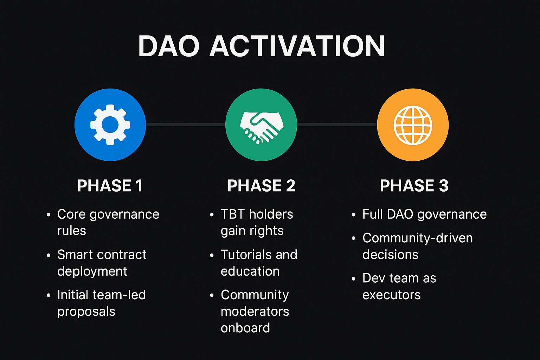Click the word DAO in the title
click(168, 46)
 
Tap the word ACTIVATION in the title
click(297, 46)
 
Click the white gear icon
click(110, 125)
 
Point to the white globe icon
click(413, 125)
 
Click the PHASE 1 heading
click(110, 186)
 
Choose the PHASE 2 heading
click(261, 186)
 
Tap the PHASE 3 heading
click(414, 186)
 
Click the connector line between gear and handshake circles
click(185, 124)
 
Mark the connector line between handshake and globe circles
click(337, 124)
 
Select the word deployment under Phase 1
click(92, 271)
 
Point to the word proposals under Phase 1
click(86, 311)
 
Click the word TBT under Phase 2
click(233, 214)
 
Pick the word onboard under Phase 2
click(245, 328)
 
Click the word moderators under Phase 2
click(255, 311)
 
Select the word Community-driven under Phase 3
click(417, 238)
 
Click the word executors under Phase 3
click(391, 295)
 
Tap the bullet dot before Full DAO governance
click(353, 215)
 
